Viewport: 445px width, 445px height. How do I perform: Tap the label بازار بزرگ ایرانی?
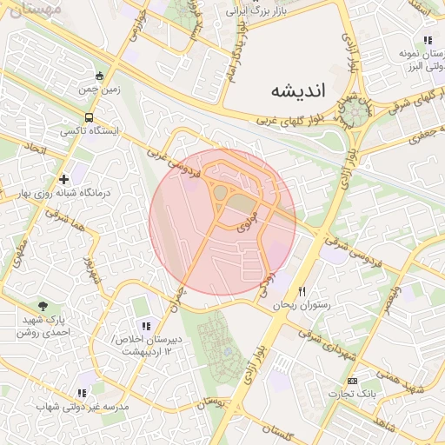(256, 11)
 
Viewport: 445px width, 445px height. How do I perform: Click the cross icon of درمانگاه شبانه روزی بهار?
(64, 179)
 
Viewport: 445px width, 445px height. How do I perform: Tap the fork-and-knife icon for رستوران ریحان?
(302, 291)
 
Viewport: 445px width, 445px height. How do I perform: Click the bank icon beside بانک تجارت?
(352, 382)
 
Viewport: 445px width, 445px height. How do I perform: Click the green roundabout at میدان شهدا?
(353, 112)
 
